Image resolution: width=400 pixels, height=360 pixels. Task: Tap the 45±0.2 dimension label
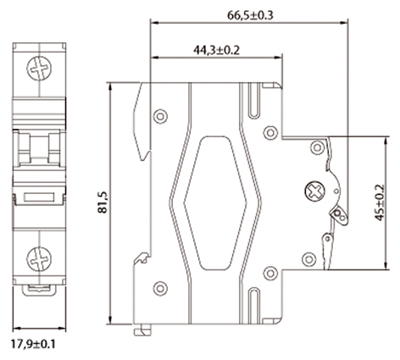tap(378, 203)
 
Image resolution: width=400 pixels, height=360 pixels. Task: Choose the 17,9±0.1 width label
tap(37, 346)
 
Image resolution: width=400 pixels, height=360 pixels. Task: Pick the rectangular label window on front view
tap(37, 197)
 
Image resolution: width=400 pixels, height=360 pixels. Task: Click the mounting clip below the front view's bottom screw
tap(37, 291)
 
